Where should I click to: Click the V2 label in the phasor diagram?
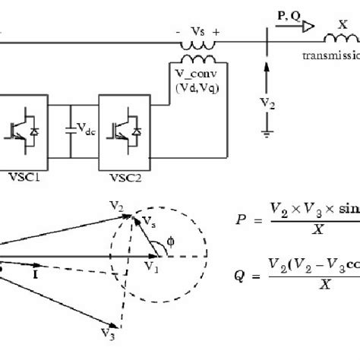pyautogui.click(x=115, y=207)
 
